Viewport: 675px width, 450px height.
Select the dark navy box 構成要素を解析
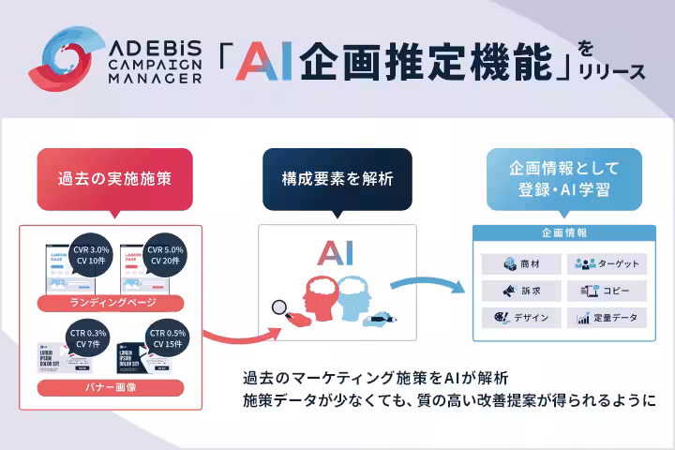click(x=337, y=176)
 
